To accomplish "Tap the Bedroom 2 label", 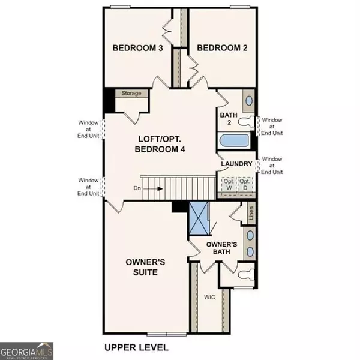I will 222,48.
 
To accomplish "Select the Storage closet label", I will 131,94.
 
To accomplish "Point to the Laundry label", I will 235,164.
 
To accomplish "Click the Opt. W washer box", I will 229,184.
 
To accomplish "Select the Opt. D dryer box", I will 244,184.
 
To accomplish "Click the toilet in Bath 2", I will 246,122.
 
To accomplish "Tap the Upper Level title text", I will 136,347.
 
